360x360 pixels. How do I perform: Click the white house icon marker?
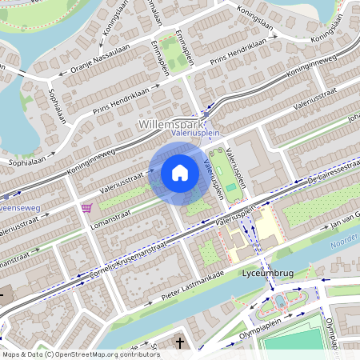[180, 172]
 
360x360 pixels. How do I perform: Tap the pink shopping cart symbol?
[86, 208]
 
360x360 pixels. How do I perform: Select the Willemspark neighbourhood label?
[171, 125]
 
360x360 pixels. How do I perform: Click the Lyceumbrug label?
[267, 274]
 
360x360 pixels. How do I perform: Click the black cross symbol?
[179, 343]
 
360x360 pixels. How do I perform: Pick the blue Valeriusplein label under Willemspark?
[195, 134]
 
